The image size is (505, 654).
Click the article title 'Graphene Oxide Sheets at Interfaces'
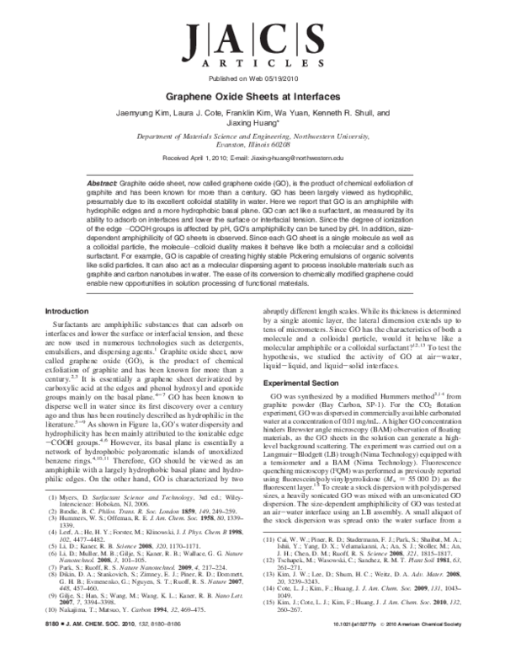[252, 97]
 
